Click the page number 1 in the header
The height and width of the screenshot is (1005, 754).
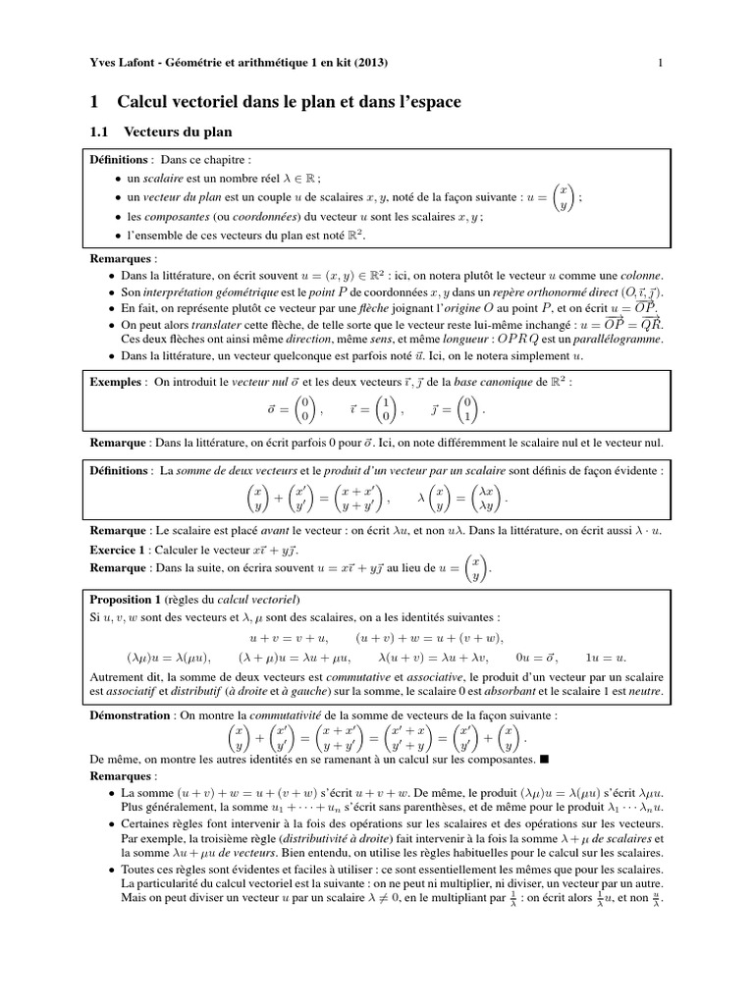coord(663,65)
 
